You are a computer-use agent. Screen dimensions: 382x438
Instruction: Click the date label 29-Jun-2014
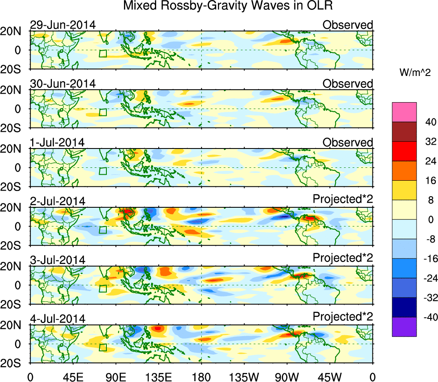(63, 25)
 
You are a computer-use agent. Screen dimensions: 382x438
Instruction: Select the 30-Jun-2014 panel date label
(63, 84)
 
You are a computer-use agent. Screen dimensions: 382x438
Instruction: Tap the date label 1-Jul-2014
(57, 142)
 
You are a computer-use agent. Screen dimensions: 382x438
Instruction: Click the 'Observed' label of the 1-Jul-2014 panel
(347, 142)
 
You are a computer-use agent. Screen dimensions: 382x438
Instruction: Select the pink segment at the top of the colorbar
(404, 112)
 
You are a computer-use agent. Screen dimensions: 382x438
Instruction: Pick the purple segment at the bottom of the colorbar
(404, 327)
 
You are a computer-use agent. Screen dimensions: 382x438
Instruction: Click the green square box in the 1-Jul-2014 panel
(103, 171)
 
